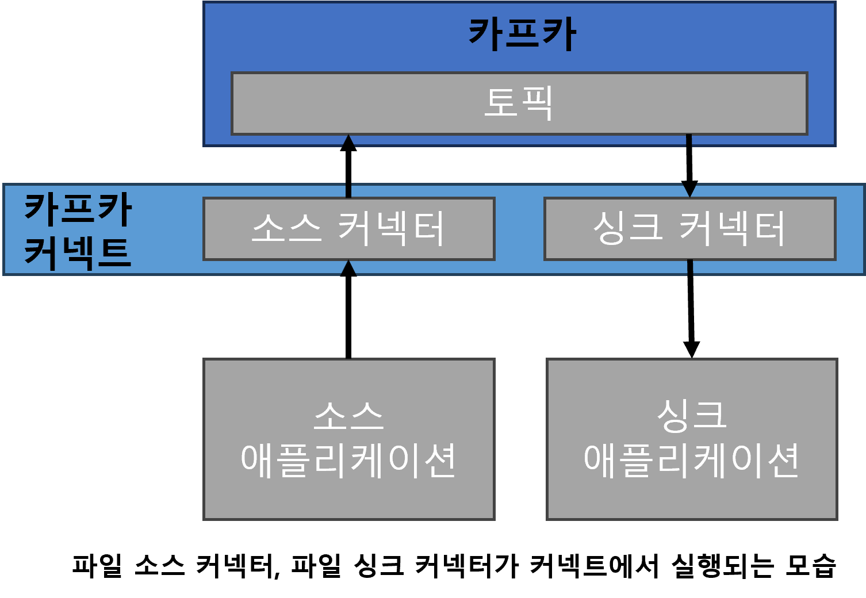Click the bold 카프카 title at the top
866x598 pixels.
(x=522, y=34)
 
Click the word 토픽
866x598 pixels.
(x=519, y=103)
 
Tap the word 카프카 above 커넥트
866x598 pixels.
(x=78, y=209)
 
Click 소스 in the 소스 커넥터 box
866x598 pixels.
(x=286, y=228)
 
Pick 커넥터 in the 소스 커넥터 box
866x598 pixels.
(x=391, y=228)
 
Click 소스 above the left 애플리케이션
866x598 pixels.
(x=348, y=415)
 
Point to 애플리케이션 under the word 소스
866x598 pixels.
(x=348, y=460)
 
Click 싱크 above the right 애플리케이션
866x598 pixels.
(x=692, y=415)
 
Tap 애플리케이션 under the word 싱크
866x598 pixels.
(x=692, y=460)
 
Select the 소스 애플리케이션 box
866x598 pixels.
(x=348, y=494)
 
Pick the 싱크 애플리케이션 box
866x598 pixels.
(x=692, y=494)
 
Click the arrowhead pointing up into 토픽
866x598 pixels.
(x=348, y=141)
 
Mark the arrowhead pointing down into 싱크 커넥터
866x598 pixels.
(x=689, y=191)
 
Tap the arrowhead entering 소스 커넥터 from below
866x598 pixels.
(x=348, y=268)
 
